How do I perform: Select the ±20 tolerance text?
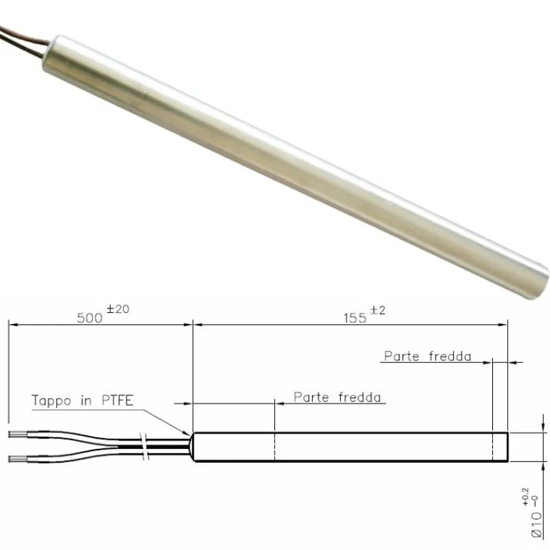[x=118, y=309]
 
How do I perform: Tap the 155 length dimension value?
[x=355, y=318]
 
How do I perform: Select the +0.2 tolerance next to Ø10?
[x=526, y=496]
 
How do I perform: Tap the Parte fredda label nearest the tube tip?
[x=427, y=356]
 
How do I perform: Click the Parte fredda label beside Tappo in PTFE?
[x=337, y=397]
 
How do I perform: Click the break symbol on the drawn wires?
[x=145, y=446]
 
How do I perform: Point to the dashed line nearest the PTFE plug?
[x=275, y=447]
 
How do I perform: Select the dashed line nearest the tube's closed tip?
[x=493, y=447]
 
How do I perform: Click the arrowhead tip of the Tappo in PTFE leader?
[x=190, y=434]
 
